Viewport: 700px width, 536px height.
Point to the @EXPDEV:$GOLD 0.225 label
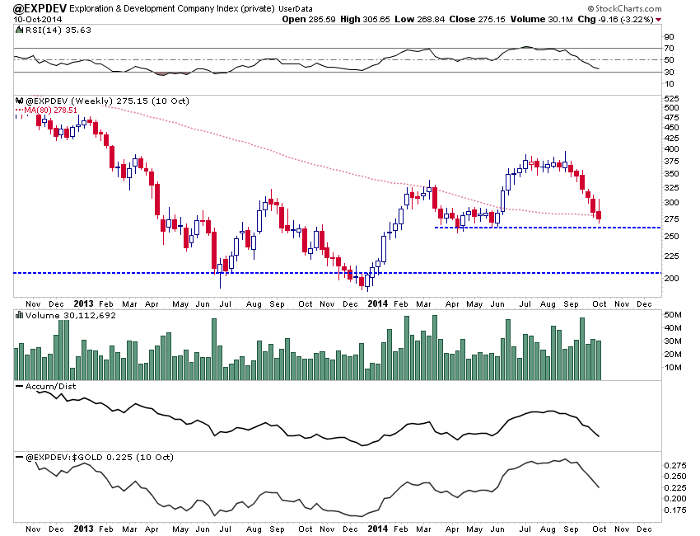[x=79, y=455]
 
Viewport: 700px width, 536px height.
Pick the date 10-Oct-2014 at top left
[x=30, y=18]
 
